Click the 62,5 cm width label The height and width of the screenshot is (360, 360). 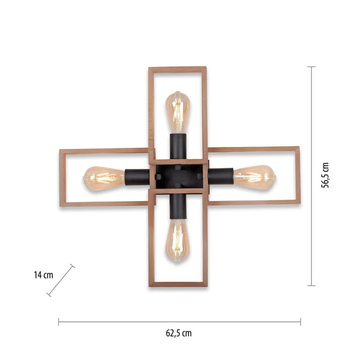(x=179, y=333)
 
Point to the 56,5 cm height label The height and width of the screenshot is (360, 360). (x=325, y=176)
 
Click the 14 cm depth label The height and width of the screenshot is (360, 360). (x=43, y=275)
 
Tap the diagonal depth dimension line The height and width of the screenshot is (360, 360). (x=61, y=281)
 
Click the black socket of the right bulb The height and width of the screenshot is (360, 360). (x=220, y=175)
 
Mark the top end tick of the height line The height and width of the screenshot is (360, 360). (x=311, y=67)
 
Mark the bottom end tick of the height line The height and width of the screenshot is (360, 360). (x=311, y=285)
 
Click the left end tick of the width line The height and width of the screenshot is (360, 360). (x=59, y=321)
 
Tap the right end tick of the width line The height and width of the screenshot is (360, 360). (x=300, y=321)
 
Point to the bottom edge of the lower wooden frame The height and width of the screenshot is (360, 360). (x=178, y=284)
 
